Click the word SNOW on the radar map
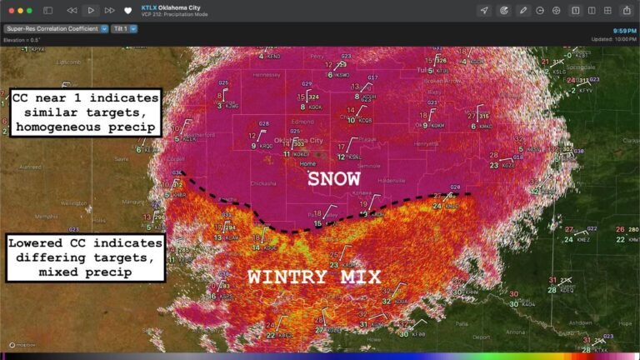(x=333, y=179)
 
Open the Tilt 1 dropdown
(x=122, y=28)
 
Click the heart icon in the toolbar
(x=127, y=11)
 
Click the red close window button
(x=7, y=11)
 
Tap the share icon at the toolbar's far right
(x=627, y=11)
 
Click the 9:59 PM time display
(x=624, y=31)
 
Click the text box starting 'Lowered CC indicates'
(x=85, y=257)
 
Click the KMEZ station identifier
(x=583, y=240)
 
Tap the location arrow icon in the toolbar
(x=484, y=11)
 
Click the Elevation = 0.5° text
(x=22, y=39)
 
